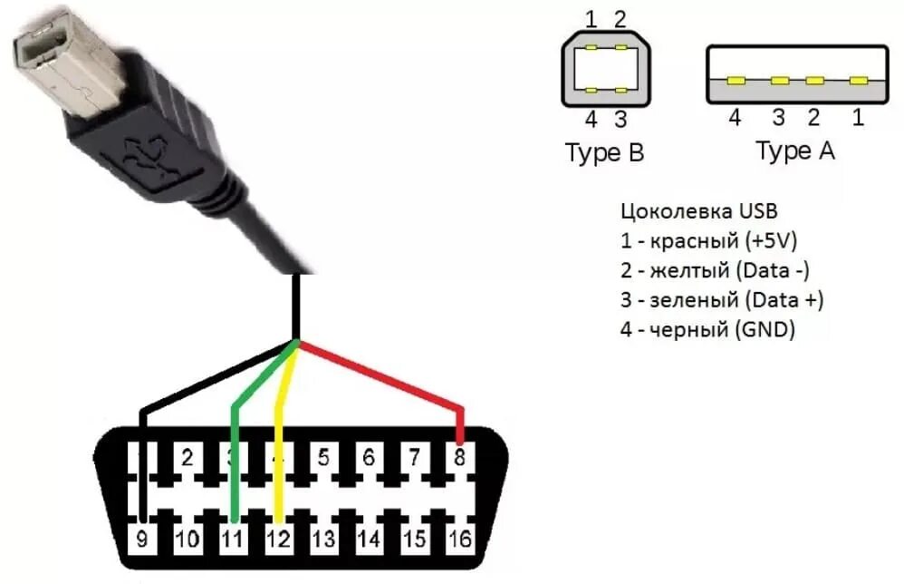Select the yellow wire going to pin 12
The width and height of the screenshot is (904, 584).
[279, 435]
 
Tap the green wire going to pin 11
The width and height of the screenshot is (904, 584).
[234, 444]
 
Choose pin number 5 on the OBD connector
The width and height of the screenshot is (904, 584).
[323, 458]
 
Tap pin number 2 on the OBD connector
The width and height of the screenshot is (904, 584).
[188, 458]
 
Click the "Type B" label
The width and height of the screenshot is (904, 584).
[604, 153]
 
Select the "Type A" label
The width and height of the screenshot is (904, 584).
[794, 151]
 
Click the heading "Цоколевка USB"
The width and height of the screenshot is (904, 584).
[698, 212]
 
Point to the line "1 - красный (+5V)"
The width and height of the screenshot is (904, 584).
[708, 241]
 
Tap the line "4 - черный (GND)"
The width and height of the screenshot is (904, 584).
[707, 330]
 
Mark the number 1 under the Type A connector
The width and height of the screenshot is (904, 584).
[858, 118]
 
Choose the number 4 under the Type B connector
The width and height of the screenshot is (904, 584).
[591, 119]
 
